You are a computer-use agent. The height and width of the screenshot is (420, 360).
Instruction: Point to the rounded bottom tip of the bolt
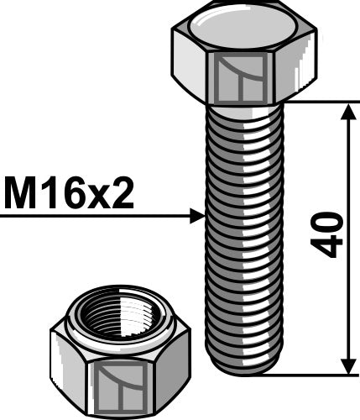pos(243,367)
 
